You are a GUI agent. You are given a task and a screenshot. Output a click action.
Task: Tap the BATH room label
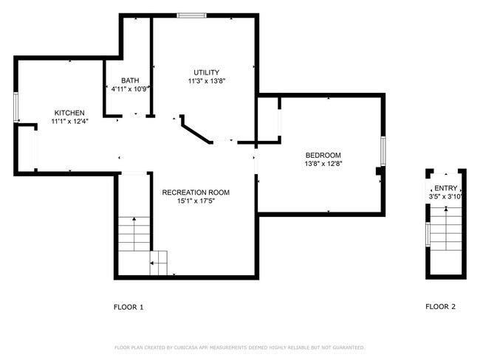click(x=129, y=80)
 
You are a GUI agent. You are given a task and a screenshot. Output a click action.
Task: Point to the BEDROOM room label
click(x=323, y=155)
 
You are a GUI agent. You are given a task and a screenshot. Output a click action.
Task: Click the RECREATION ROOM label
click(x=196, y=193)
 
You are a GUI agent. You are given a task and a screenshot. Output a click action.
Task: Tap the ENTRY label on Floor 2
click(x=445, y=188)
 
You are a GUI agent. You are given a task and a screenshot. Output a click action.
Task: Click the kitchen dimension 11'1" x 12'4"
click(x=68, y=120)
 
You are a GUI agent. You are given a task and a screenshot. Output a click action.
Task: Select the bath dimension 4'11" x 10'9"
click(x=131, y=89)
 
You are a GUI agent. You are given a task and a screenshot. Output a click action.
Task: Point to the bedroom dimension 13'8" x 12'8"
click(x=323, y=164)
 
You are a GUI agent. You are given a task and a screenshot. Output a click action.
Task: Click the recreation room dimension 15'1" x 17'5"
click(x=196, y=201)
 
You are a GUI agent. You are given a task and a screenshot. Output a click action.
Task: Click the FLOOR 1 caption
click(x=128, y=307)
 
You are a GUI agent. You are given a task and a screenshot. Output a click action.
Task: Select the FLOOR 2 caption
click(x=440, y=307)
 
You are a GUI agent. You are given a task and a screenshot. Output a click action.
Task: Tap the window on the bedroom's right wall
click(x=383, y=151)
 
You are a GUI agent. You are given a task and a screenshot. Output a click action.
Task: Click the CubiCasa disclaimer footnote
click(x=239, y=347)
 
